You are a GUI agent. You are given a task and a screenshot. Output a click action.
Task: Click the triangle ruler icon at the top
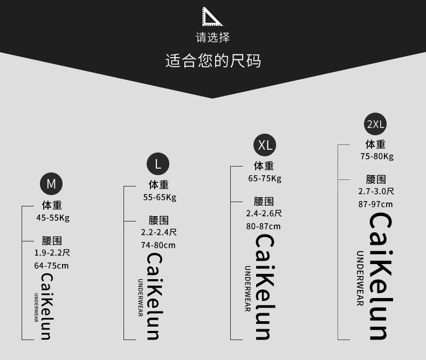(212, 17)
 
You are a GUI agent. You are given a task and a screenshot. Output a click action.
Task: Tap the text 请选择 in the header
(212, 37)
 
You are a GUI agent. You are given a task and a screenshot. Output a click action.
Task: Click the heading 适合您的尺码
(213, 60)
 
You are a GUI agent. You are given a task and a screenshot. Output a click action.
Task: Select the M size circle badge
(51, 184)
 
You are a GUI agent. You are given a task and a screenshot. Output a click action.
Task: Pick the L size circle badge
(158, 164)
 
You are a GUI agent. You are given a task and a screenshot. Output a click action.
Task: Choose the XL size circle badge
(265, 144)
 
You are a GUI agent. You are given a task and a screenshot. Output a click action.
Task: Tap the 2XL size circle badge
(375, 124)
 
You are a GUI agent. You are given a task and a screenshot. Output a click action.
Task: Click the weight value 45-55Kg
(53, 218)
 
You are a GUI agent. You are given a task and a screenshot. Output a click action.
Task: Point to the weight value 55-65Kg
(160, 197)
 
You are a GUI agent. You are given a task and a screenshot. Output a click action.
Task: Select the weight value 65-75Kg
(265, 179)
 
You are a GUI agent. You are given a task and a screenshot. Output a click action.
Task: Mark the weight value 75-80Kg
(377, 157)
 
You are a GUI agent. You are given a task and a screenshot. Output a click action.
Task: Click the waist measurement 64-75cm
(51, 265)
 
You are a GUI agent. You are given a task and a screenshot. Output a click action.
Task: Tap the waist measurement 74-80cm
(159, 245)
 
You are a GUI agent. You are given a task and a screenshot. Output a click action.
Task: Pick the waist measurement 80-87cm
(264, 226)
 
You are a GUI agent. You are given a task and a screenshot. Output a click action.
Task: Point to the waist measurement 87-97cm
(375, 204)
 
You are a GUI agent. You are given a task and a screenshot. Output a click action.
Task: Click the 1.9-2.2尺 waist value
(52, 252)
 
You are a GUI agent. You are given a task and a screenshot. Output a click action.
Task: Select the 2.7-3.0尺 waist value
(376, 191)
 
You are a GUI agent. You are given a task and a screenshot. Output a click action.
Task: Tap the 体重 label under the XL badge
(264, 167)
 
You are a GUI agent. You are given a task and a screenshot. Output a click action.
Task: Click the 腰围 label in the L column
(159, 220)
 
